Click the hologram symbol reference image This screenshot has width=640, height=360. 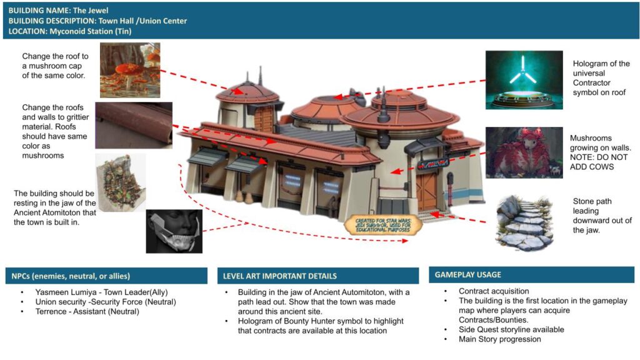pos(524,80)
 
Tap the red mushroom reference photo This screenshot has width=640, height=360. pos(130,70)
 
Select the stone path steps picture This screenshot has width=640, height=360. pos(524,222)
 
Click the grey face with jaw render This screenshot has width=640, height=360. pos(174,231)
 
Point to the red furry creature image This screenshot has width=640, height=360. pos(524,152)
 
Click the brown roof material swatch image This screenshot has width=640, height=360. pos(134,125)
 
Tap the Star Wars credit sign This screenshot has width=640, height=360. pos(383,225)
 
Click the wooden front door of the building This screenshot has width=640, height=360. pos(426,191)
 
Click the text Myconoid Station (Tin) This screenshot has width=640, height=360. pos(91,31)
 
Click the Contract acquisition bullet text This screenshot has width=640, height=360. pos(494,291)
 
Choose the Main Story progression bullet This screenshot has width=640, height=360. pos(499,339)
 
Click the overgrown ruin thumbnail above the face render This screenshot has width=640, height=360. pos(121,182)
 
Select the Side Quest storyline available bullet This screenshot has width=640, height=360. pos(511,329)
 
